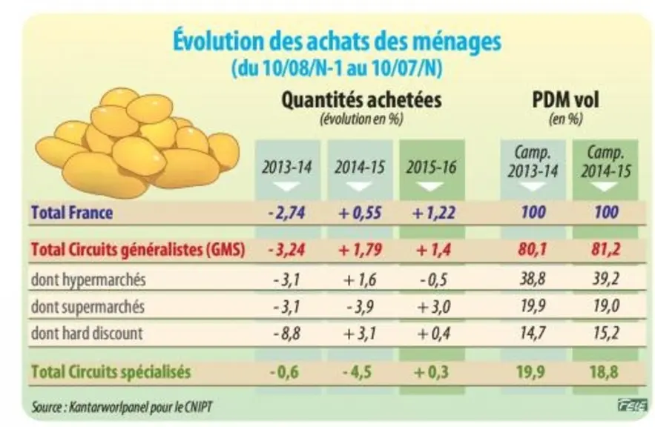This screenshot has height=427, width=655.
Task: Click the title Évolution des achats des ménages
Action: coord(337,42)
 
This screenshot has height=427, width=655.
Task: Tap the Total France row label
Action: coord(72,213)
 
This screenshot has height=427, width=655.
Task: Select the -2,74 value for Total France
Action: coord(286,213)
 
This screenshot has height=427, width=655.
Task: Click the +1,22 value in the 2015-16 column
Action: coord(433,213)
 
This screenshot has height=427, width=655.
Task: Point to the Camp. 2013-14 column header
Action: coord(533,162)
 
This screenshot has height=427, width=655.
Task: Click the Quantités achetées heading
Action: coord(361,100)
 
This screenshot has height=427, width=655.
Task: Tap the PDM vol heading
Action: coord(565,100)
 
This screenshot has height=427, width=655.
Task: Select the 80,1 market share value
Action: coord(532,250)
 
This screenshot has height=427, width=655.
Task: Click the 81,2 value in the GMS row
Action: coord(606,250)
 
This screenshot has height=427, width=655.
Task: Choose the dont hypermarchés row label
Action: coord(88,279)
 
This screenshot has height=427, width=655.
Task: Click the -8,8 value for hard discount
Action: coord(286,334)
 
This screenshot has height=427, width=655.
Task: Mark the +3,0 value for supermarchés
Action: coord(434,307)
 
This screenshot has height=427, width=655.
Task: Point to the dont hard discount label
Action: coord(87,334)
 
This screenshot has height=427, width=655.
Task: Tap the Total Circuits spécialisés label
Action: coord(111,371)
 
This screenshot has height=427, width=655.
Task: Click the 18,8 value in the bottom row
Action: coord(604,371)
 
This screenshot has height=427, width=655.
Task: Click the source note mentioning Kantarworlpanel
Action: coord(122,407)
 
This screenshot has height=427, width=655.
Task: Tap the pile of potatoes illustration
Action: coord(137,142)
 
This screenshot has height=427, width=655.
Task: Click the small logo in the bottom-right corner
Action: coord(632,405)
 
